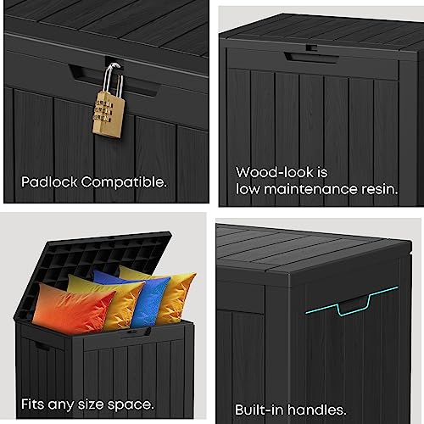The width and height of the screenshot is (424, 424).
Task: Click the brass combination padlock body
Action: point(109,114)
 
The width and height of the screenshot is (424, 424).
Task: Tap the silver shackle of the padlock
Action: point(113,79)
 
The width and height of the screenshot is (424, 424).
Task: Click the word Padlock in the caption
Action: point(49,182)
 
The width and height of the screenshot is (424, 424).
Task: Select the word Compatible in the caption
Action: point(124,182)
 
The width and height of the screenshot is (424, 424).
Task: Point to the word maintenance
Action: point(310,189)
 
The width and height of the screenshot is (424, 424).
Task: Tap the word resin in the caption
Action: point(380,189)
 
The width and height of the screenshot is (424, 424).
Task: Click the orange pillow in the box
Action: point(73,309)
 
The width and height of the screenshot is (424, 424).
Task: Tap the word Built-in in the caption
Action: point(259,410)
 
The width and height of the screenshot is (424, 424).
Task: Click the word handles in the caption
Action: point(317,410)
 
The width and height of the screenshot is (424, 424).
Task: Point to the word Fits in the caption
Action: point(33,404)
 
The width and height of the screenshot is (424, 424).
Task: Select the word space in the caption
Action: point(131,405)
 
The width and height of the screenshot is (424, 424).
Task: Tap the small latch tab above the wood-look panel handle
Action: point(311,47)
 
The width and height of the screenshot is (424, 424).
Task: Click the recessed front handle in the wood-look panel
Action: point(311,58)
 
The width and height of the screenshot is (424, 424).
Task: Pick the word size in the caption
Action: point(91,404)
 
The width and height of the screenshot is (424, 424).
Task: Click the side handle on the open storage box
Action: point(42,346)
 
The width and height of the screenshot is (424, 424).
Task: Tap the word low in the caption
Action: point(248,189)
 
